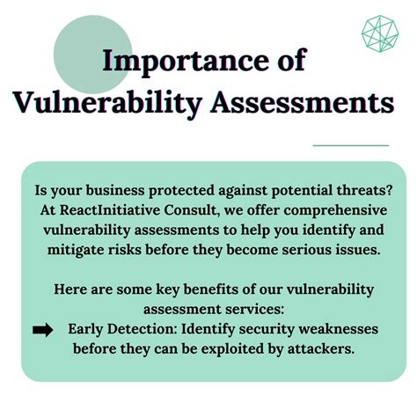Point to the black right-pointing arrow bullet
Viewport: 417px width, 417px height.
[42, 330]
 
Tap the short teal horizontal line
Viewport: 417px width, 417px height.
[350, 145]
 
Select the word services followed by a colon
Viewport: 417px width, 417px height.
[258, 309]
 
